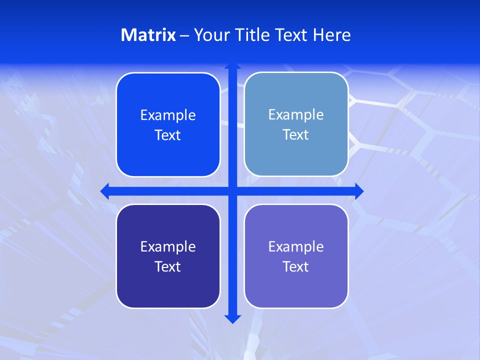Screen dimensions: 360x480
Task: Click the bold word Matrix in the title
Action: pos(148,35)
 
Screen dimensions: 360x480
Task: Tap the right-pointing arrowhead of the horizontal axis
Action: pos(358,191)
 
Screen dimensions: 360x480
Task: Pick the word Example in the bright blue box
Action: pos(168,115)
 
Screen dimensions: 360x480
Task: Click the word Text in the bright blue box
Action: pos(168,135)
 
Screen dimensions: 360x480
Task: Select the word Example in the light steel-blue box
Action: pos(296,115)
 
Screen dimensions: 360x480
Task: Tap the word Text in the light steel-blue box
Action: pos(296,135)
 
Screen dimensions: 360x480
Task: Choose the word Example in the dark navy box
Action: pos(168,247)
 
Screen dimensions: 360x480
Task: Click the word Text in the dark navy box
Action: pos(168,267)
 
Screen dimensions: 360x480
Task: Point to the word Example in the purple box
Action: pos(296,247)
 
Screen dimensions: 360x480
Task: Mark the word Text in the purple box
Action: pos(296,267)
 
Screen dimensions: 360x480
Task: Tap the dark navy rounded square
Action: pos(168,290)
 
